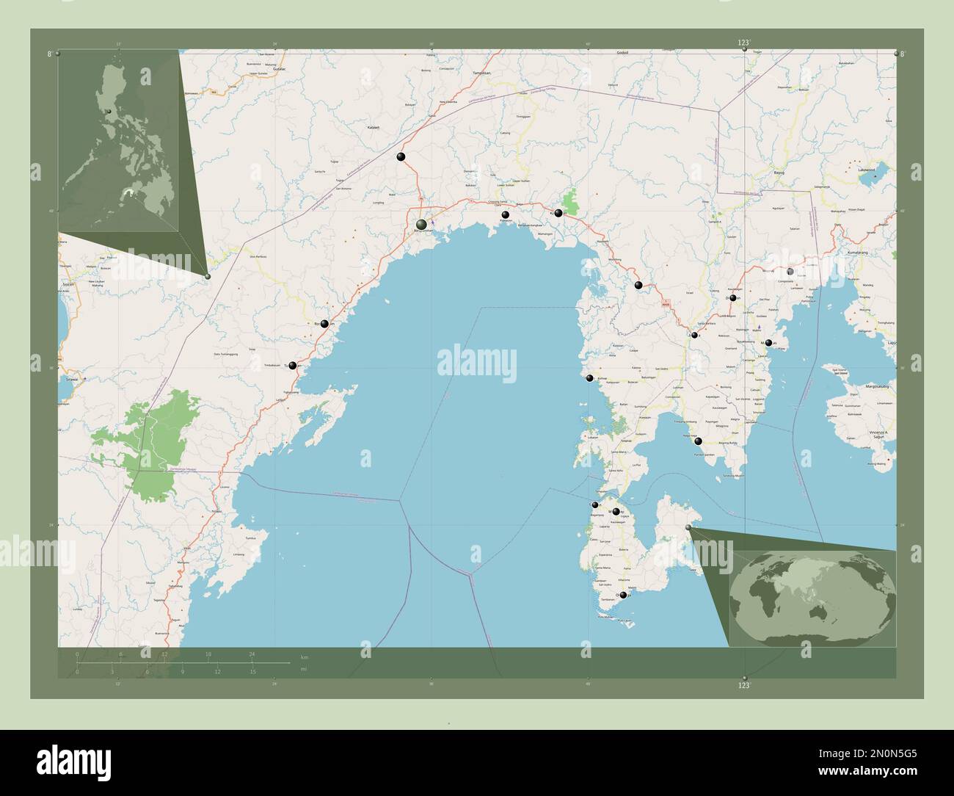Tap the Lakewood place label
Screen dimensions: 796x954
[867, 170]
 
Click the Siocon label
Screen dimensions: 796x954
[68, 283]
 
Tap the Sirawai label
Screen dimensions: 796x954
[71, 380]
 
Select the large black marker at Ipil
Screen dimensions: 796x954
[421, 224]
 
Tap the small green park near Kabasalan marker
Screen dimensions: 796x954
[570, 200]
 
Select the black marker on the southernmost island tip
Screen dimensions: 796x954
[623, 596]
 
